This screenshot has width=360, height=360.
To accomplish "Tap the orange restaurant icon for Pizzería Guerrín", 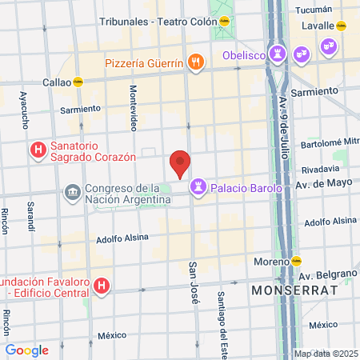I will click(194, 62).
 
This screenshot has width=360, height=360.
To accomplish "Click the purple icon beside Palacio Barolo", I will click(196, 188).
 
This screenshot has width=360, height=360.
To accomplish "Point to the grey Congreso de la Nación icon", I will click(72, 193).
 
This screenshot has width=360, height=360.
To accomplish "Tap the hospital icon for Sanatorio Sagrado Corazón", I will click(37, 150).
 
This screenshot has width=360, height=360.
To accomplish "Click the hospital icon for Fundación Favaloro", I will click(101, 286).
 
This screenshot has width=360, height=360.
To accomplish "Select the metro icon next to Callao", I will click(78, 82).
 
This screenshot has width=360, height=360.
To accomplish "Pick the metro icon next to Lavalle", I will click(341, 26).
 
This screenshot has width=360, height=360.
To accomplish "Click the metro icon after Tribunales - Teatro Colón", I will click(226, 22).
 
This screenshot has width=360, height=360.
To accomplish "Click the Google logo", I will click(26, 350).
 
